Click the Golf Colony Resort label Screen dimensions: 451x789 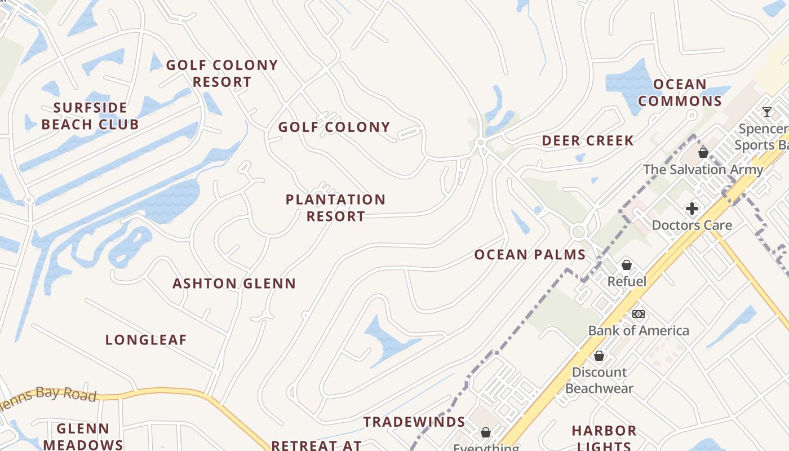pos(221,74)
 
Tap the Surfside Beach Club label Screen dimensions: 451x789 pos(90,116)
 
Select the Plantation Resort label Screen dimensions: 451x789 pos(335,208)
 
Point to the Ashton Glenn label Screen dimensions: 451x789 pos(234,284)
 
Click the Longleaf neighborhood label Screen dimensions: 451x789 pos(146,340)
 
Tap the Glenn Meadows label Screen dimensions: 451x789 pos(83,436)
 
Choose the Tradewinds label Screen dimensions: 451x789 pos(414,422)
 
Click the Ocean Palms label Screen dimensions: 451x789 pos(530,255)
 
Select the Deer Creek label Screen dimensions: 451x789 pos(588,141)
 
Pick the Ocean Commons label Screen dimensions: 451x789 pos(680,93)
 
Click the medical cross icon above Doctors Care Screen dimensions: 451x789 pos(692,209)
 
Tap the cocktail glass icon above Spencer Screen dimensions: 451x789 pos(766,112)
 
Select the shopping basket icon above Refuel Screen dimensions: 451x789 pos(626,264)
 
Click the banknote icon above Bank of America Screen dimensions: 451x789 pos(638,314)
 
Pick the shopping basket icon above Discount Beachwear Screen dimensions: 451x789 pos(599,356)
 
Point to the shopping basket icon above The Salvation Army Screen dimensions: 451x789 pos(703,152)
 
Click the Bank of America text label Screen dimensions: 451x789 pos(639,331)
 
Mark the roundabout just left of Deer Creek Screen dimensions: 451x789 pos(481,143)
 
